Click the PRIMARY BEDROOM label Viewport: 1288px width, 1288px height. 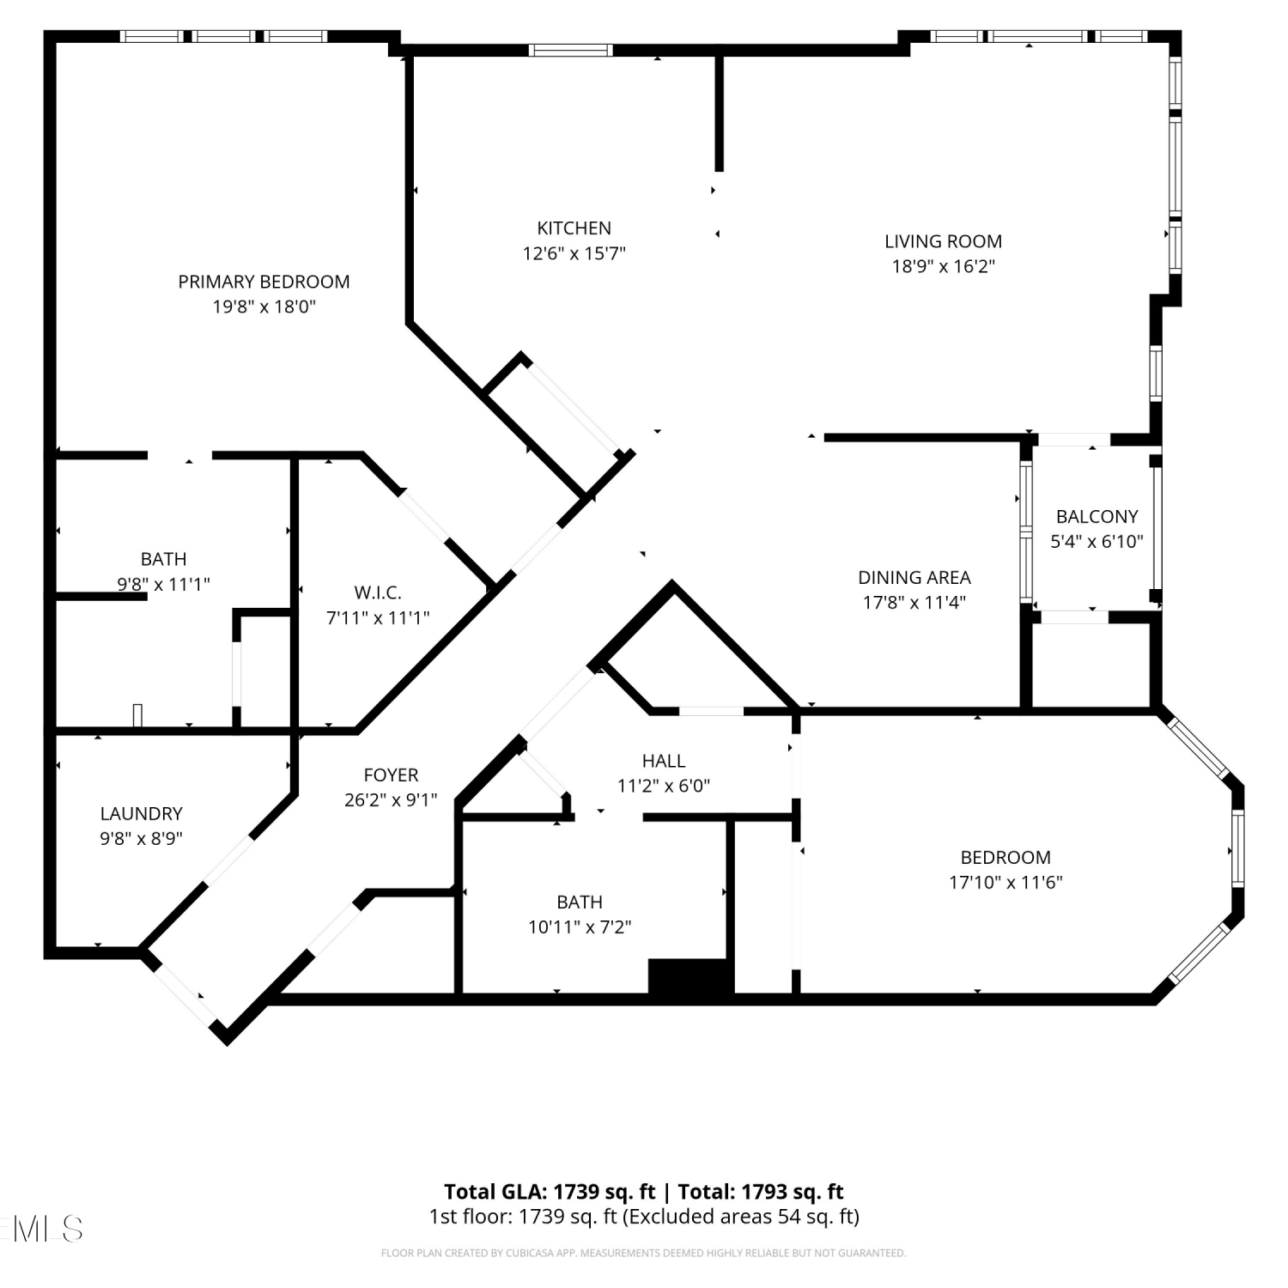tap(264, 282)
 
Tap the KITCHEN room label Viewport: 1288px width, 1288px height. tap(574, 228)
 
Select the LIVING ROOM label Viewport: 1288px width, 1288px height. tap(944, 241)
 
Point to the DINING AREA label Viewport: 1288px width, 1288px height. tap(914, 578)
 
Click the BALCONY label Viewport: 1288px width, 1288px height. tap(1097, 517)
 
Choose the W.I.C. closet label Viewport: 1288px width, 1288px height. tap(378, 592)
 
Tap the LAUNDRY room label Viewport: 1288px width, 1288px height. tap(142, 814)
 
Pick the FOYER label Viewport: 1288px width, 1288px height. tap(391, 775)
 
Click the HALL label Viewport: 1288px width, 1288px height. tap(664, 761)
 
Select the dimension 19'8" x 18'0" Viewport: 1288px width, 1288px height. tap(264, 307)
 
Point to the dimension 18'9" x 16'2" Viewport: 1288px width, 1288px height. tap(944, 266)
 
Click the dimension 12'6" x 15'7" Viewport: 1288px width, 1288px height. tap(574, 253)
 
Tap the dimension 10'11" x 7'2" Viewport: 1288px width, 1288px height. tap(580, 927)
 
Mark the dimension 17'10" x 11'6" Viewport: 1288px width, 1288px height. tap(1005, 883)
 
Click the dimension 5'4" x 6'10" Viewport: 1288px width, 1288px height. tap(1097, 542)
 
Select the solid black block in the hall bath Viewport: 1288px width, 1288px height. tap(690, 976)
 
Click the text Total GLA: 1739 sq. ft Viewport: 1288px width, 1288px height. tap(550, 1192)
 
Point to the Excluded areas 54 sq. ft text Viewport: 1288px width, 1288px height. tap(741, 1217)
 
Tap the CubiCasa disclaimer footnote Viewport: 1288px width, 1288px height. tap(643, 1254)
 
